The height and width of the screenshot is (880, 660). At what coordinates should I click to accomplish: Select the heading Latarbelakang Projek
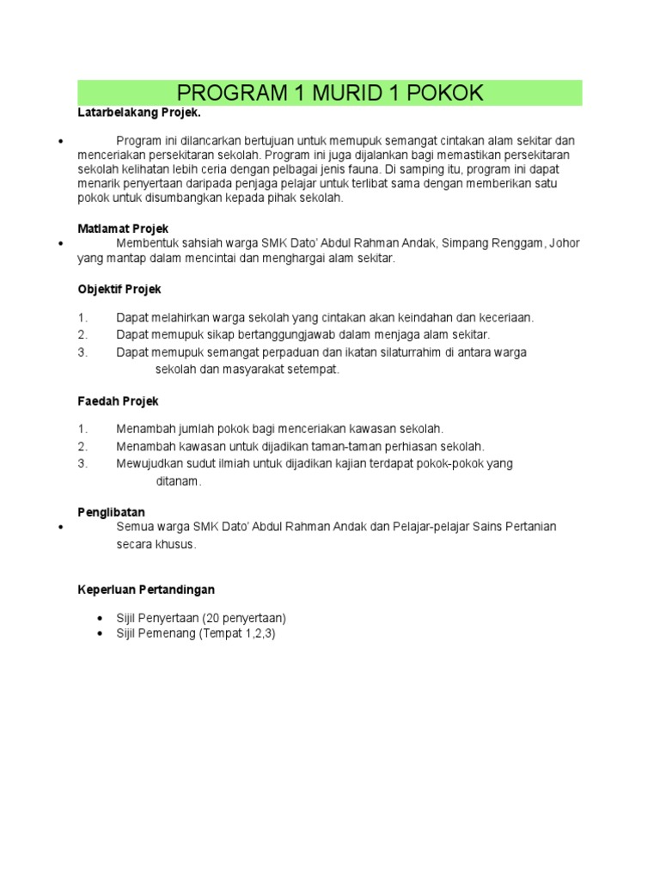(139, 113)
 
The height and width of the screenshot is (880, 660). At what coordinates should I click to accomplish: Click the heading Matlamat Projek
(123, 229)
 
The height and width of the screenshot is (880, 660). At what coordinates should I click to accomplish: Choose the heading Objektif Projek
(119, 289)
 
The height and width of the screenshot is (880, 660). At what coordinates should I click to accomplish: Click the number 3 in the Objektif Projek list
(82, 351)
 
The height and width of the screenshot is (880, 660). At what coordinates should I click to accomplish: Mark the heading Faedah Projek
(118, 401)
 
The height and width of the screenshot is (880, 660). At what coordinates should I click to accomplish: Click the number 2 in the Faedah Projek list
(82, 446)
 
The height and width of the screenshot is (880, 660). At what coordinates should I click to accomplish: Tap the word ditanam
(178, 481)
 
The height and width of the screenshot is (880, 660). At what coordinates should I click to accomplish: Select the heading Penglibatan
(111, 512)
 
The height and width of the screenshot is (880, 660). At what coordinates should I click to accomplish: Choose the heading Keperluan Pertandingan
(146, 590)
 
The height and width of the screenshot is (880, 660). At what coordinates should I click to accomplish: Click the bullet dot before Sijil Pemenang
(101, 633)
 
